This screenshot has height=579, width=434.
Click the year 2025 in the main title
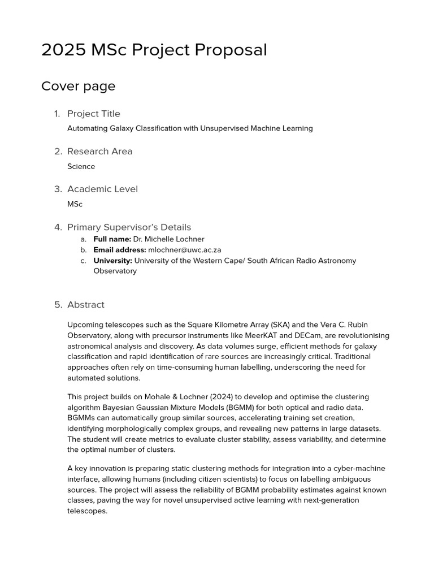(63, 50)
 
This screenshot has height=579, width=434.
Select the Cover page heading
(78, 87)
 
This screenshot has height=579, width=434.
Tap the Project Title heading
(94, 114)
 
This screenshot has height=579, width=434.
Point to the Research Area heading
(99, 152)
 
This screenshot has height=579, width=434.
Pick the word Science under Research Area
(81, 167)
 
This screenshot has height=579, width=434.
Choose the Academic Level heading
(102, 189)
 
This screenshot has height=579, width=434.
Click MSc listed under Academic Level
(75, 204)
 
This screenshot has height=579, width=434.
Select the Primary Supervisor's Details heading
(129, 227)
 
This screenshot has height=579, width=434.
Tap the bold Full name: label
(112, 239)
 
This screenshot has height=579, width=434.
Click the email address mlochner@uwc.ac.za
(184, 250)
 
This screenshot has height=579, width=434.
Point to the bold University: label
(112, 261)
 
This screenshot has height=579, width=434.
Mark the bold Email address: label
(119, 250)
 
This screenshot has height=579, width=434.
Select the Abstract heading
(86, 305)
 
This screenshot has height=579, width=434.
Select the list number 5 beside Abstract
(58, 305)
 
